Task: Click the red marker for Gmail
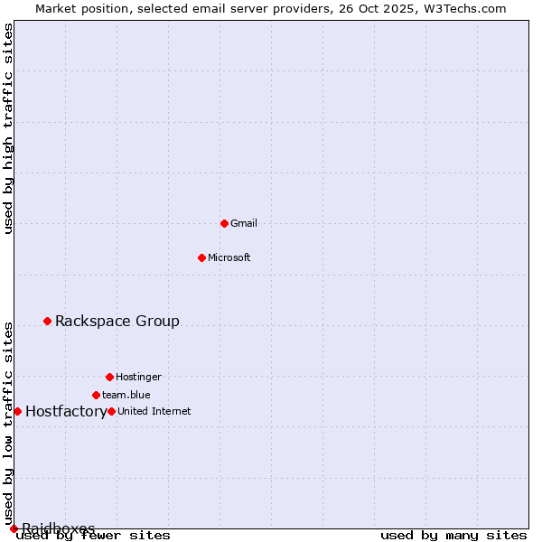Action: click(x=224, y=223)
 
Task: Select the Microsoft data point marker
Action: click(x=201, y=257)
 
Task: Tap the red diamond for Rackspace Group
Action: click(x=47, y=321)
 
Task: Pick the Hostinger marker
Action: click(x=109, y=377)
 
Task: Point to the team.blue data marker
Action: click(x=96, y=395)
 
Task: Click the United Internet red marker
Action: click(x=111, y=411)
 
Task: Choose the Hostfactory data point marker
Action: click(x=17, y=411)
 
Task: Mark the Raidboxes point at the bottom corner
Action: click(x=14, y=528)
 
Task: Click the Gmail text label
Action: click(x=244, y=223)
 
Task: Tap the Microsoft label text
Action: click(x=229, y=257)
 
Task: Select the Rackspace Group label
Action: click(x=117, y=321)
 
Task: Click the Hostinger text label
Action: click(x=138, y=377)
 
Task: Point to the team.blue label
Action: click(x=126, y=395)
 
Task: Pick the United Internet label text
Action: click(x=154, y=411)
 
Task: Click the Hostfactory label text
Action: click(x=66, y=412)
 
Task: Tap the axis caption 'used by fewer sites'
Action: click(x=94, y=536)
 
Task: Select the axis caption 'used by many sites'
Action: click(x=453, y=536)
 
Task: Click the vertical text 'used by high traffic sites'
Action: click(x=9, y=128)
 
